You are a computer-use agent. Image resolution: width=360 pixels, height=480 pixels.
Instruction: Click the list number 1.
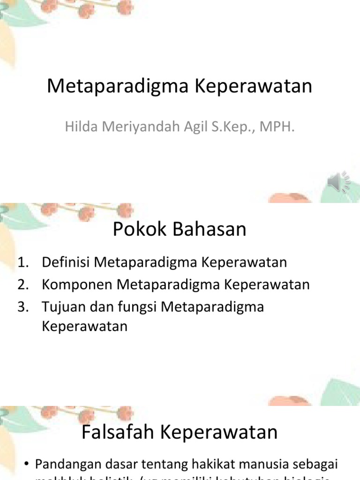coord(23,262)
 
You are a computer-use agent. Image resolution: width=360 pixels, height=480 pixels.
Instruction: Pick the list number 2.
coord(23,285)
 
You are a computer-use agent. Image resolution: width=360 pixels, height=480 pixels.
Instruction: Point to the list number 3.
coord(23,307)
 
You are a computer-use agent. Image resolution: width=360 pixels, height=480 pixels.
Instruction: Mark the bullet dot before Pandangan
coord(26,465)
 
